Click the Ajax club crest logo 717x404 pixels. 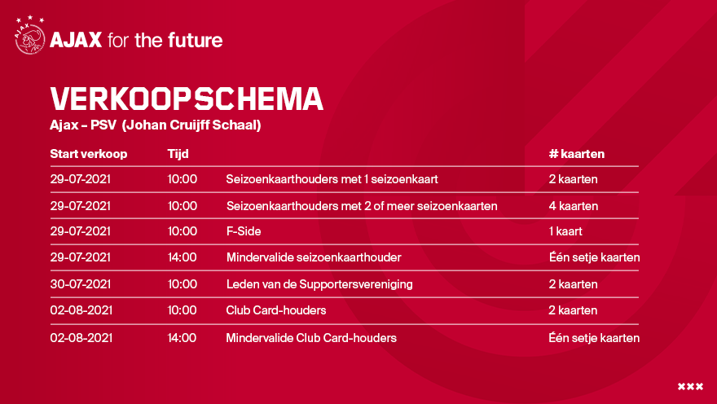[x=29, y=36]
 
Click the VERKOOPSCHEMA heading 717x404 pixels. [x=187, y=99]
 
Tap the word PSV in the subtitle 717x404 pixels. [x=103, y=125]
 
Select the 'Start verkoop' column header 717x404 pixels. [x=89, y=154]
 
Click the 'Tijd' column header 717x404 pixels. [x=178, y=154]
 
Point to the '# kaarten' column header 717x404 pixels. [x=577, y=154]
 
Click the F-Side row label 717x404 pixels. [x=244, y=231]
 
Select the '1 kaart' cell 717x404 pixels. [x=565, y=231]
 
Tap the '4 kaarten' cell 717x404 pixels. [x=574, y=206]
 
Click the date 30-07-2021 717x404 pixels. [x=81, y=284]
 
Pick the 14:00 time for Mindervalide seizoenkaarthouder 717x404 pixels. [x=182, y=257]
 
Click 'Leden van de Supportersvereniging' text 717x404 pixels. [x=319, y=284]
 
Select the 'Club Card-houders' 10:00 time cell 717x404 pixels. [x=182, y=310]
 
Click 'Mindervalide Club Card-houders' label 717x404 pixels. [x=311, y=338]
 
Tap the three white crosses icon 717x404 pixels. [x=690, y=387]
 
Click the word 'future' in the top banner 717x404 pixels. [x=196, y=40]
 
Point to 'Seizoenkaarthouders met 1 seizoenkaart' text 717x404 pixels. [x=332, y=179]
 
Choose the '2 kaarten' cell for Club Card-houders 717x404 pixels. [x=573, y=310]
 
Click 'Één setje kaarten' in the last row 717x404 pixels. [x=594, y=338]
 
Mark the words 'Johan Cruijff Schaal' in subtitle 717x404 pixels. [x=192, y=125]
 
